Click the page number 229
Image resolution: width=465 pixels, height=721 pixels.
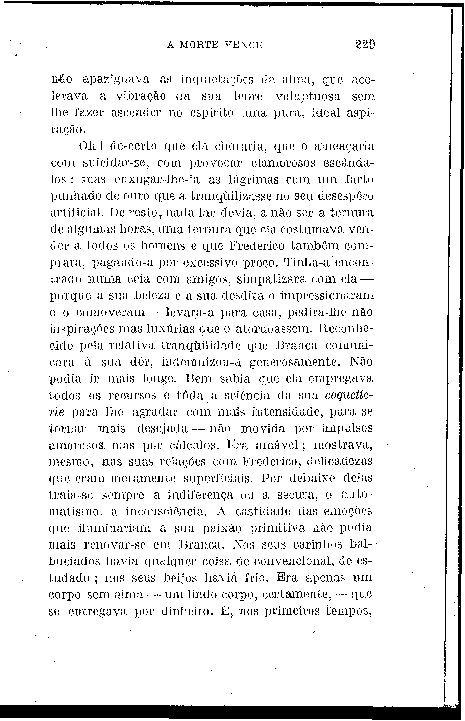pyautogui.click(x=365, y=45)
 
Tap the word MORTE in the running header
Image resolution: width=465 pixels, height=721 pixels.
pyautogui.click(x=202, y=45)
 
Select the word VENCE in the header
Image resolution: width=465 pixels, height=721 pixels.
pyautogui.click(x=245, y=45)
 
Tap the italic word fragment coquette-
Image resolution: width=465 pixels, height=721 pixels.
pyautogui.click(x=349, y=395)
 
